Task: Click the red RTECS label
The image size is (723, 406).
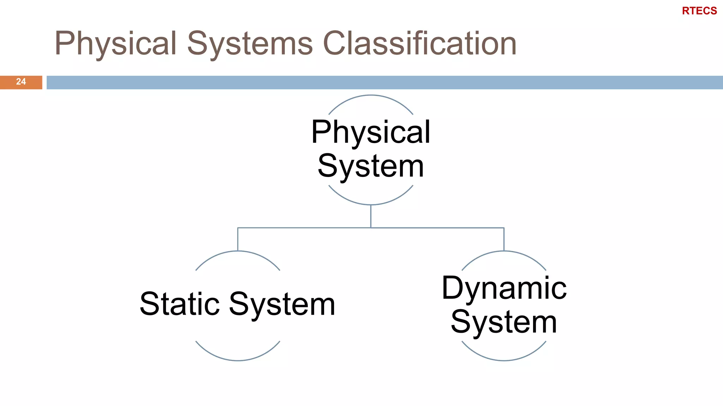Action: (x=699, y=11)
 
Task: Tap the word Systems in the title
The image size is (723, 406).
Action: (x=250, y=44)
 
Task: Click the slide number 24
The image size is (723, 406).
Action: (x=21, y=82)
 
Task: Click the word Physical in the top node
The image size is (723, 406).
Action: (x=371, y=132)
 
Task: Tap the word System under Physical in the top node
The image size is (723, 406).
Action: (x=371, y=166)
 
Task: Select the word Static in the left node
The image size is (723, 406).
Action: (x=180, y=304)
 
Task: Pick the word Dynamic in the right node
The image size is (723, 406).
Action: (x=504, y=288)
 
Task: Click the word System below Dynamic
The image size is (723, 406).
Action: (x=504, y=322)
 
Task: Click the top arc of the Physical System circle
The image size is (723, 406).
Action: (x=371, y=95)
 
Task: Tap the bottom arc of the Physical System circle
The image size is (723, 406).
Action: (x=371, y=204)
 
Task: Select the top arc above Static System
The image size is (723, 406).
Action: (x=238, y=251)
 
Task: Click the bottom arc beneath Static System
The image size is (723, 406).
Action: (x=238, y=360)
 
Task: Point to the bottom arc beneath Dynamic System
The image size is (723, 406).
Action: (x=504, y=360)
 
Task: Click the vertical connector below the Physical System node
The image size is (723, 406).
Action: (x=371, y=216)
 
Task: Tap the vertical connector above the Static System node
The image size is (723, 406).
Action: (x=238, y=239)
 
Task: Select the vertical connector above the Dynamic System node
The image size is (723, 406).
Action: (x=504, y=239)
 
